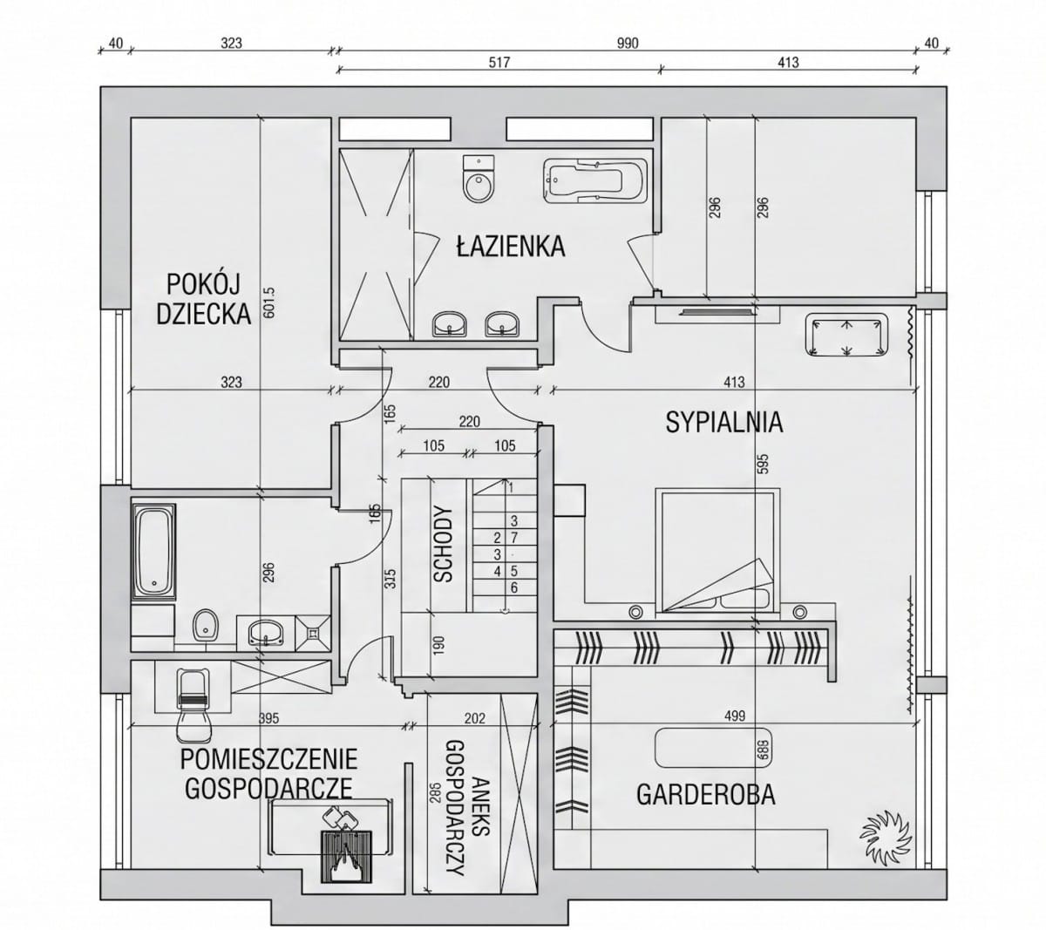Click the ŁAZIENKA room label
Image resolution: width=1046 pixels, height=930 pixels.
[x=510, y=246]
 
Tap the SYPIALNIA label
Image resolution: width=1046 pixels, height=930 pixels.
[x=723, y=422]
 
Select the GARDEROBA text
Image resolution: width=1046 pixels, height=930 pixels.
[x=705, y=794]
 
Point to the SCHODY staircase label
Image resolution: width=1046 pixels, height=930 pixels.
[x=443, y=544]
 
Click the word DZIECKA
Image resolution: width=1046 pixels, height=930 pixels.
[x=203, y=314]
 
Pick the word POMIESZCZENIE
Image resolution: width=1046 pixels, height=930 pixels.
[x=268, y=759]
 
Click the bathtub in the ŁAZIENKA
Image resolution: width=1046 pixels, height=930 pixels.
[x=594, y=180]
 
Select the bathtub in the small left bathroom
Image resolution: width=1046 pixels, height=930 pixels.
[x=153, y=552]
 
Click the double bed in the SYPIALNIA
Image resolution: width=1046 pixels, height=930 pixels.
[x=717, y=551]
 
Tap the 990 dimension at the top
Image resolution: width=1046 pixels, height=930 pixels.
[x=628, y=44]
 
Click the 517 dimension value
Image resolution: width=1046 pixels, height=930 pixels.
[x=499, y=63]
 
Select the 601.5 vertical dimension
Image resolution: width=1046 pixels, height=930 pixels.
[x=268, y=302]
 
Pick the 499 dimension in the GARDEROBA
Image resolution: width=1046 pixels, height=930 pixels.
[x=734, y=716]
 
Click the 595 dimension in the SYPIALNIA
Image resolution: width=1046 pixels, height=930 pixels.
[x=764, y=464]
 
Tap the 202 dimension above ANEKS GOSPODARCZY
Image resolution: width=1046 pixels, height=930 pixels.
[x=474, y=718]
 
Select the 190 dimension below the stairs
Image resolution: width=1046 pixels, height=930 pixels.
[x=438, y=646]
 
